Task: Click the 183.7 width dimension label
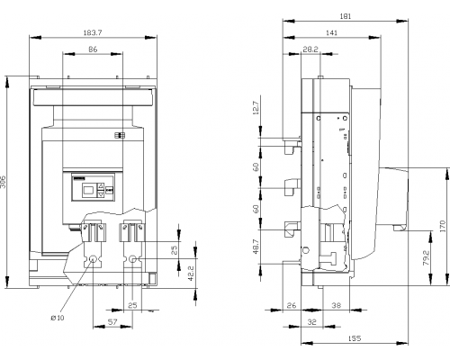(x=93, y=32)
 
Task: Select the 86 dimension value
(x=93, y=49)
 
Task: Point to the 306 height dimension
(x=3, y=182)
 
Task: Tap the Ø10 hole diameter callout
(x=58, y=318)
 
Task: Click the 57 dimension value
(x=112, y=322)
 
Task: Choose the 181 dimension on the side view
(x=346, y=16)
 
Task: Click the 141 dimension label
(x=331, y=32)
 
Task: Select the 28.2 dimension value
(x=310, y=49)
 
